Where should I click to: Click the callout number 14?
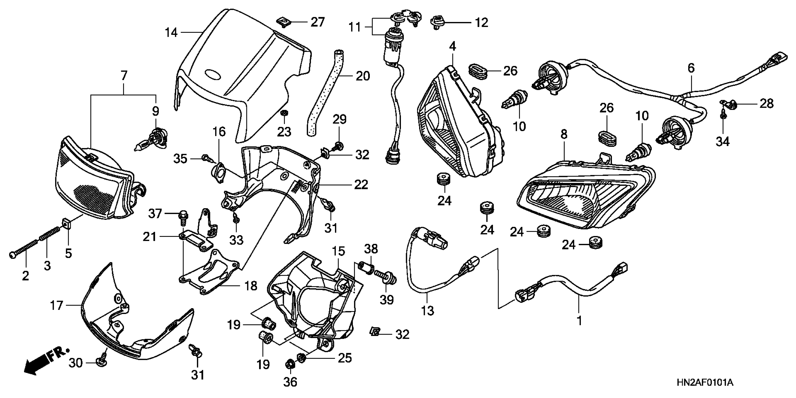[x=171, y=32]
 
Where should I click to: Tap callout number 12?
[x=481, y=22]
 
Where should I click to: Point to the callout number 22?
[x=361, y=185]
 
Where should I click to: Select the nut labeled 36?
[x=290, y=365]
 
